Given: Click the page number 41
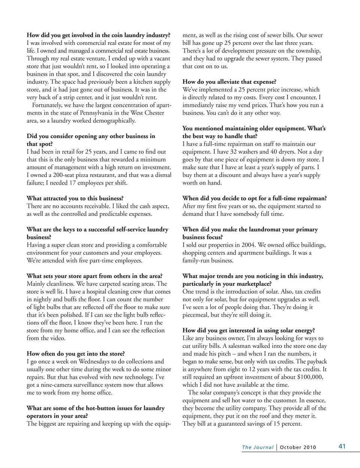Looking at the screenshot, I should pyautogui.click(x=342, y=446).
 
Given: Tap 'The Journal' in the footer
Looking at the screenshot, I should pyautogui.click(x=257, y=447).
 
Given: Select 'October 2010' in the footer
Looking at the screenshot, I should pyautogui.click(x=298, y=447).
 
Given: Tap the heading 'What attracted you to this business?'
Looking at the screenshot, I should pyautogui.click(x=75, y=198).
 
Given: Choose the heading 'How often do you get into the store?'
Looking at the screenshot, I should pyautogui.click(x=76, y=354).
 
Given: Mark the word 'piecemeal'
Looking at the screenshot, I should pyautogui.click(x=196, y=315).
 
